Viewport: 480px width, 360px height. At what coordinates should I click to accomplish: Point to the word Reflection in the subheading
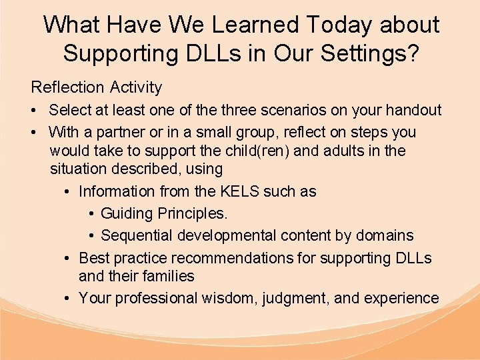click(x=67, y=87)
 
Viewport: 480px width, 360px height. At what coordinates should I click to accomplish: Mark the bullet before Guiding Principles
click(x=91, y=215)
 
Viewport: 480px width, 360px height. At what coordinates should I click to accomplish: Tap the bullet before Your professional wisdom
click(x=69, y=299)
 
